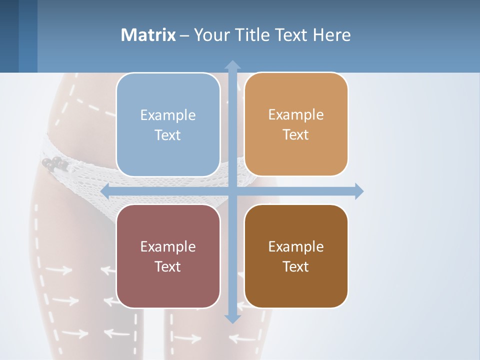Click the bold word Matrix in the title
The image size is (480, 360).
(x=148, y=35)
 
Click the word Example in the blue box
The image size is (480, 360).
(x=168, y=115)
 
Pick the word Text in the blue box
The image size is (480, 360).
(x=168, y=135)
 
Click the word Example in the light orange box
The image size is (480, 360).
(x=296, y=115)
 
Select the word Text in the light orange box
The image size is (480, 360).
(x=296, y=134)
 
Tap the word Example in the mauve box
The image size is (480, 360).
(x=168, y=247)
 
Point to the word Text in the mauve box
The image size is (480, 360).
(x=168, y=266)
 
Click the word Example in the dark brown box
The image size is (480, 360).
(x=296, y=247)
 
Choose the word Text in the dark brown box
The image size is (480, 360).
(x=296, y=266)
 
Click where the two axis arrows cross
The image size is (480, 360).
(x=232, y=191)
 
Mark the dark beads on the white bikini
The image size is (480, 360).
(x=53, y=163)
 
